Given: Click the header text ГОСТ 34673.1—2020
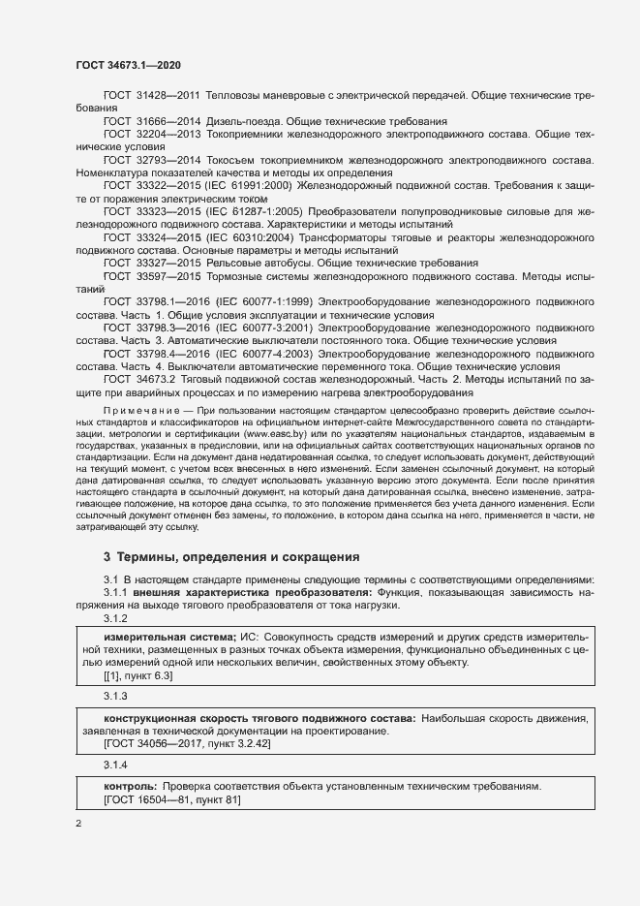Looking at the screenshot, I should point(128,65).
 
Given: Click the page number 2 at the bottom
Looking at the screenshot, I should point(79,824).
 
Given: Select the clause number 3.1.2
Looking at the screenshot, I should point(115,617).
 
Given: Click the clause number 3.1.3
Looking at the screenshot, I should point(115,696).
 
